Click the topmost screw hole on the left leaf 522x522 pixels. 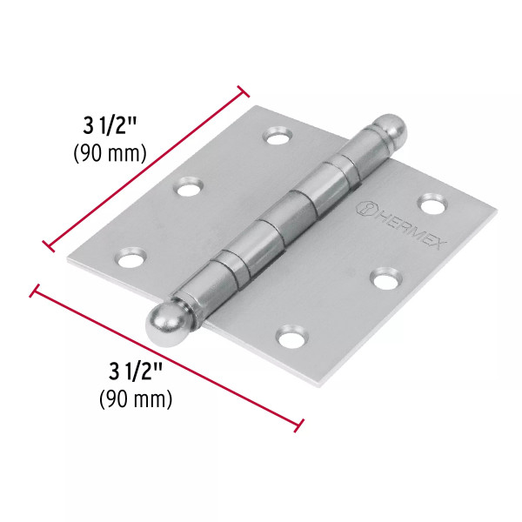point(279,137)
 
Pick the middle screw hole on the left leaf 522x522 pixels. point(191,186)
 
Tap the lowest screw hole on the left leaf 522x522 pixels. point(130,258)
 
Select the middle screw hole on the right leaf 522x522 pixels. point(384,278)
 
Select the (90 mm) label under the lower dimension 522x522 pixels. point(134,400)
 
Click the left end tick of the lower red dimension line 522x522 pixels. point(36,290)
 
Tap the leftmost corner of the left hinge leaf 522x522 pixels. point(68,258)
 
